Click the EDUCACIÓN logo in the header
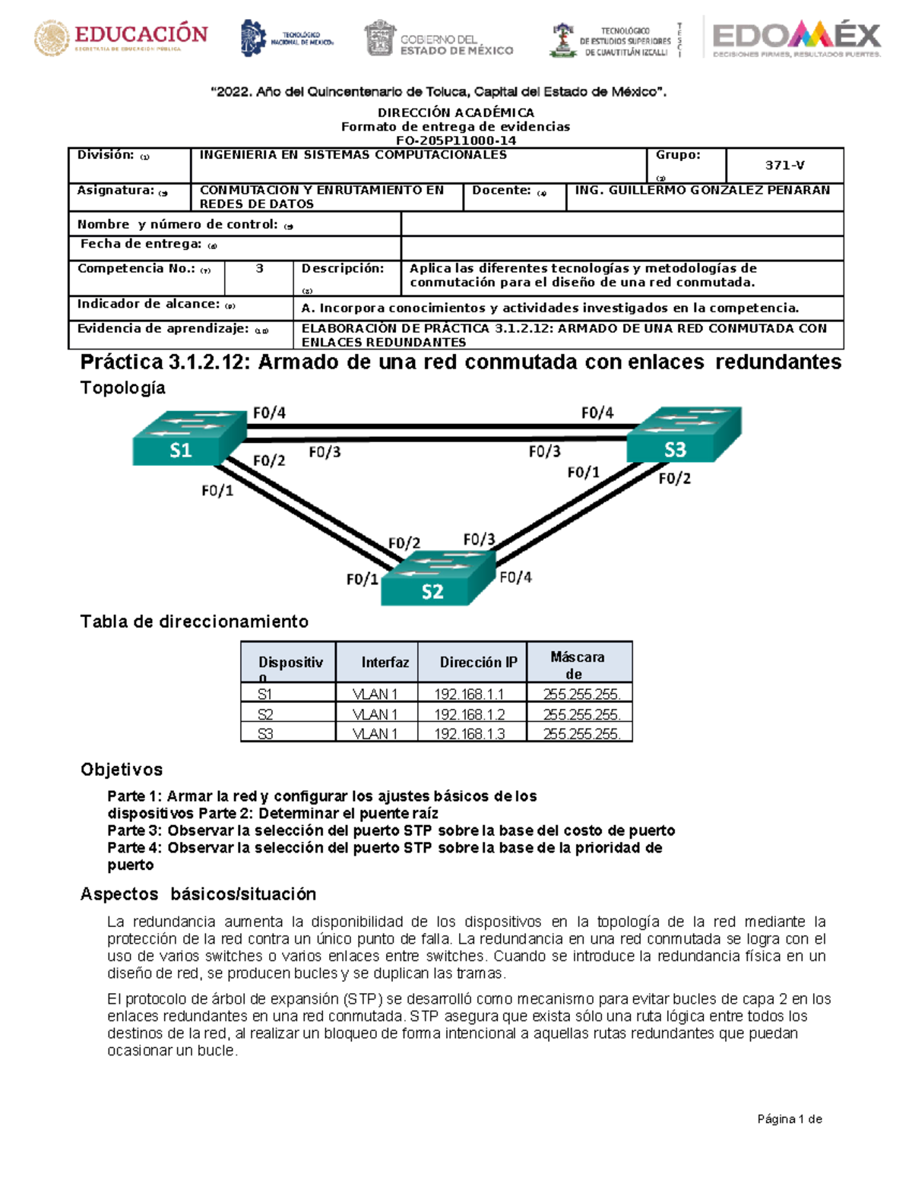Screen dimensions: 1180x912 121,38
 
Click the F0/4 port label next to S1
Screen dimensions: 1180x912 269,413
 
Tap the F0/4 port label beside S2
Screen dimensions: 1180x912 515,577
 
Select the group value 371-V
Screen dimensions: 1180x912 784,165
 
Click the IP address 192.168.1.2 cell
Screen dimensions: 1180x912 469,714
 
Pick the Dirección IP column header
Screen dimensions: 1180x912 478,662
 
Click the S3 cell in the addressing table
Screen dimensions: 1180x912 265,734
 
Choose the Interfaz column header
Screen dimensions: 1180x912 385,662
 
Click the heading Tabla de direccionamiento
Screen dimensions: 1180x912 194,622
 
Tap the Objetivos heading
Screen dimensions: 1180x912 122,770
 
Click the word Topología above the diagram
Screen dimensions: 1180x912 122,388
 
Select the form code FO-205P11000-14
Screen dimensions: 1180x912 456,141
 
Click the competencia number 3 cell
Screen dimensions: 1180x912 259,269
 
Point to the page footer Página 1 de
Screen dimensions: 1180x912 790,1118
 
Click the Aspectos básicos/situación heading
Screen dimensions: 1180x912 198,894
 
